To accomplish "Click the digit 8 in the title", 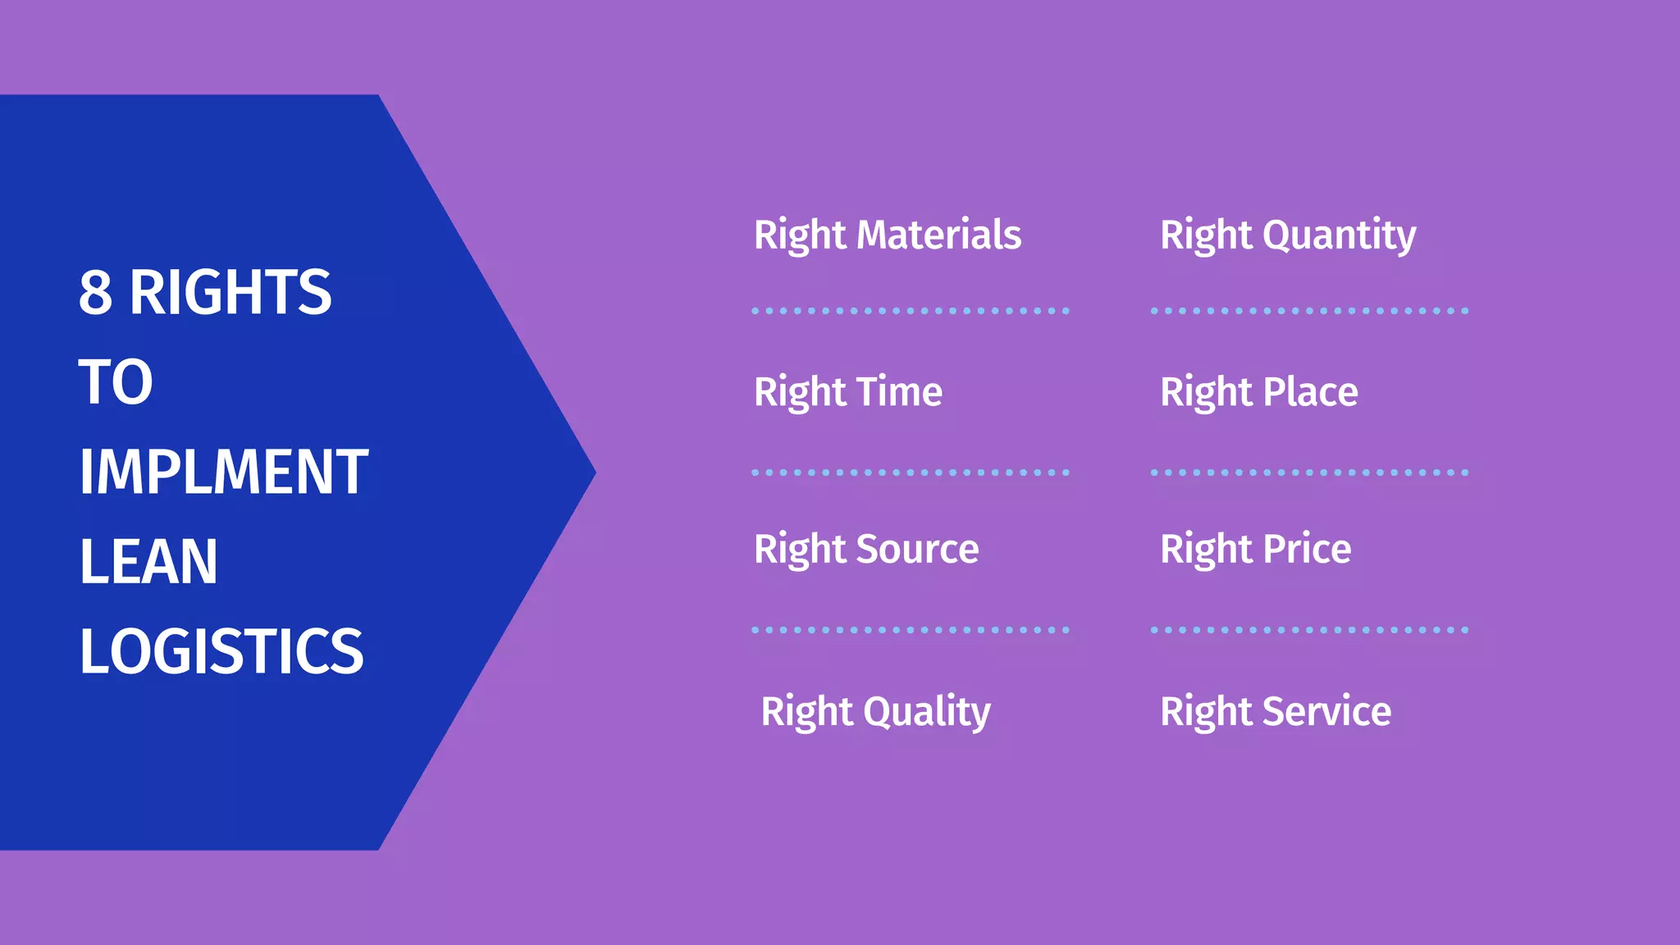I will pos(95,292).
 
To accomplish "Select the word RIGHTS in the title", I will pos(231,292).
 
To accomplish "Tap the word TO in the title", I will pos(116,382).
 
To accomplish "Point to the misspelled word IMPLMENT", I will pos(223,472).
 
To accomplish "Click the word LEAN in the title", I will pos(148,562).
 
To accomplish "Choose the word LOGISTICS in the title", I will pos(221,651).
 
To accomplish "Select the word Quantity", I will pos(1339,236).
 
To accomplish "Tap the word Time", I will pos(899,391).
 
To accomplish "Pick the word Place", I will pos(1310,391).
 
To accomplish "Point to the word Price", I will pos(1307,549).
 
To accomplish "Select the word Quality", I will pos(927,712).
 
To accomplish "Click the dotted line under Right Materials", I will pos(911,311).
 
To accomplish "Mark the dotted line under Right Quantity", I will pos(1309,311).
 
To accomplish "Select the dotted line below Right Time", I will pos(911,472).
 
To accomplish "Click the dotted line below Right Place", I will pos(1309,472).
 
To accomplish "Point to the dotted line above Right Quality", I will pos(911,630).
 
